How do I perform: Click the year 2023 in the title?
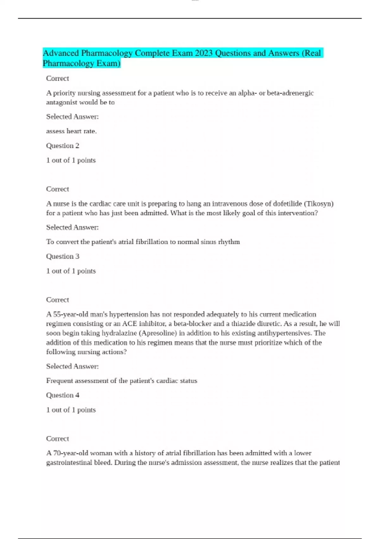[x=204, y=53]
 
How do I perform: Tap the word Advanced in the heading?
[x=61, y=53]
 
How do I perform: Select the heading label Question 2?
[x=63, y=146]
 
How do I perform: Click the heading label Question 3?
[x=63, y=257]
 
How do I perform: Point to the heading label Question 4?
[x=63, y=395]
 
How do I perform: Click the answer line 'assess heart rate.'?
[x=72, y=131]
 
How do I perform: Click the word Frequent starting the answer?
[x=59, y=381]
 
